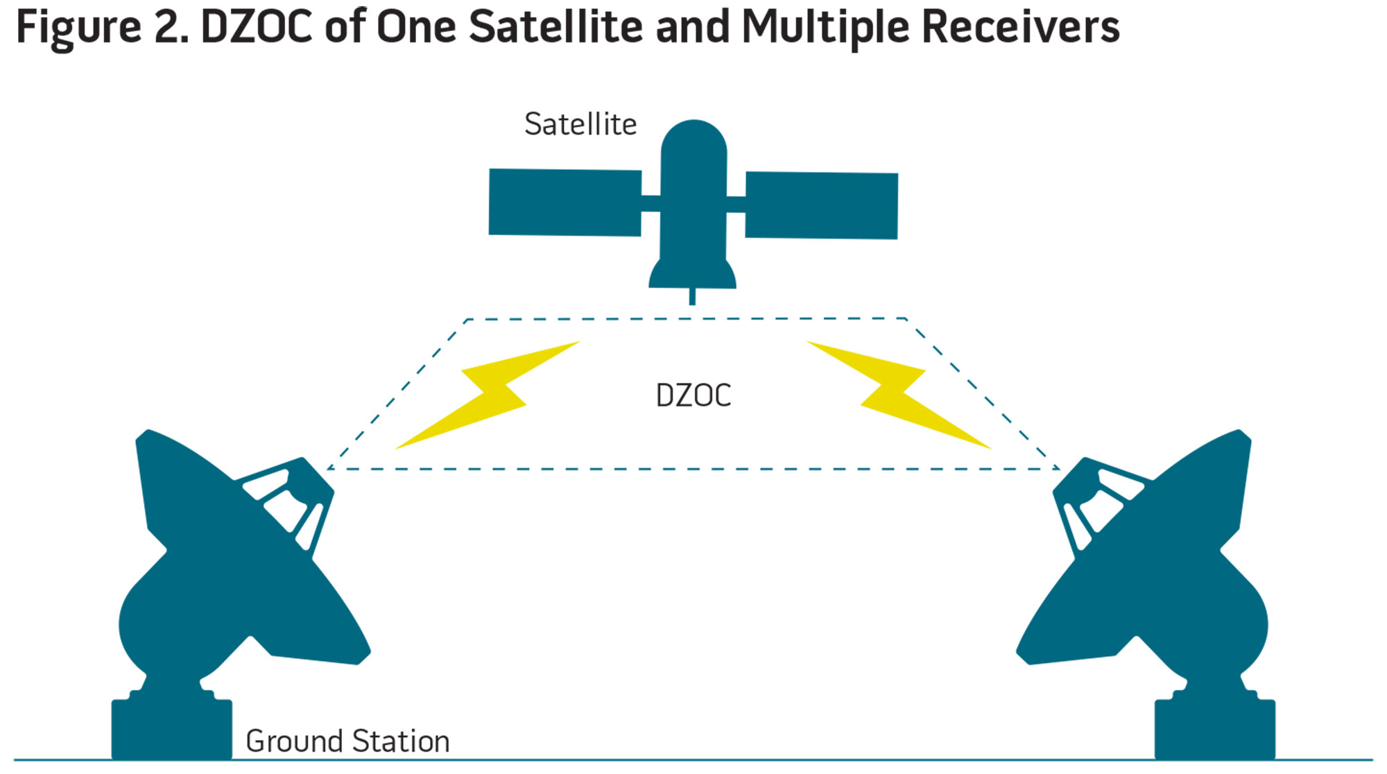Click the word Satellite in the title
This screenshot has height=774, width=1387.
(555, 28)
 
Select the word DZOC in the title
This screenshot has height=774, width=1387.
(257, 28)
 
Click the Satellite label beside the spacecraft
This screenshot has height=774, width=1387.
(580, 124)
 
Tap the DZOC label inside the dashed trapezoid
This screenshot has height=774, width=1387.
(693, 396)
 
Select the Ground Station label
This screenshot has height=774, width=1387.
(347, 741)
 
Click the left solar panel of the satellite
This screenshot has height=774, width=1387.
(565, 202)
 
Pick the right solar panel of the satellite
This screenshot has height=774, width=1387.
(822, 205)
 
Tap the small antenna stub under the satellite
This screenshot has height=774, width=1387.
(692, 297)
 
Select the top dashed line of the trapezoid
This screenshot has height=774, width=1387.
(687, 319)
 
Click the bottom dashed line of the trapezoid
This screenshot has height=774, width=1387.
(693, 469)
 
